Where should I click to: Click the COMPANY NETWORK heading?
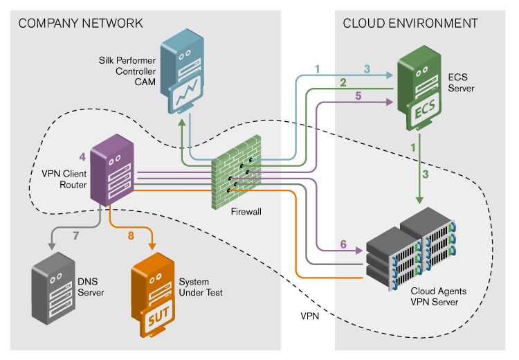81,23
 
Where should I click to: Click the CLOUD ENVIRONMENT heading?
410,23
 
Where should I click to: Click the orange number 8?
130,235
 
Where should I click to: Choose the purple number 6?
343,243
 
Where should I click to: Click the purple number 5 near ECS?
358,96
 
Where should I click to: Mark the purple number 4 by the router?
82,154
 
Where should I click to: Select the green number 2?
343,82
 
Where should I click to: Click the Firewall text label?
246,212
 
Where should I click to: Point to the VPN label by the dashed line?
310,316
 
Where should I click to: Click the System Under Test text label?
201,287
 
